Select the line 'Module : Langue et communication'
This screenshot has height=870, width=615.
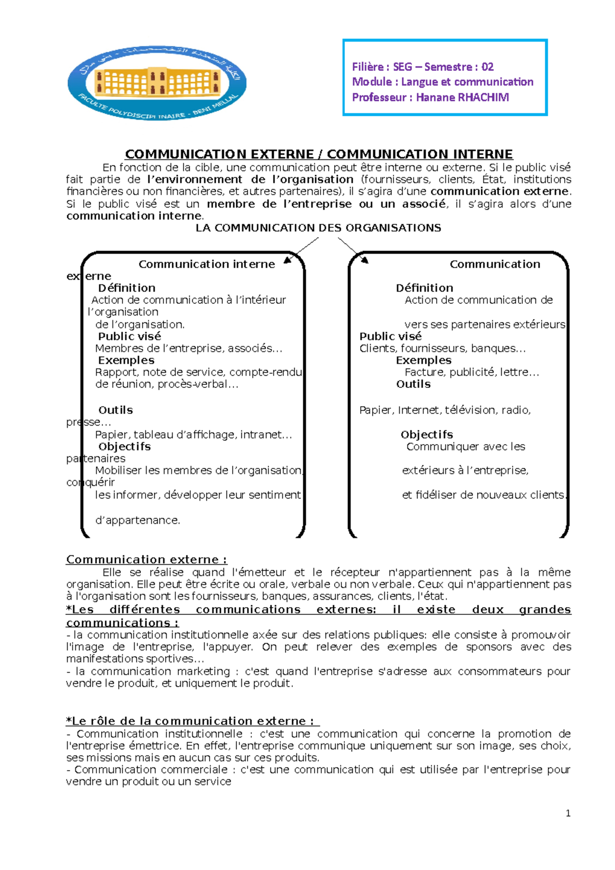click(442, 82)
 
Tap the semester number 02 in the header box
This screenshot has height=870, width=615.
click(487, 67)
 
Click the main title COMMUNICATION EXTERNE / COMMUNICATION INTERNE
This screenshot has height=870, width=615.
click(319, 154)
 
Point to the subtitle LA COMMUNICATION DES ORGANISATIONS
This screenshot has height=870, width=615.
click(318, 228)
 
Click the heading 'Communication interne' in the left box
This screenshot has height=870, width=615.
click(207, 264)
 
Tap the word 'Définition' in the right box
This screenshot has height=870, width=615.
click(424, 288)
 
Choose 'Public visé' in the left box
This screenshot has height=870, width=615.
click(130, 337)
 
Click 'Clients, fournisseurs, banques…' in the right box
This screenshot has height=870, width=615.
click(442, 348)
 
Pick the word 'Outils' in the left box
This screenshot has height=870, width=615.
click(116, 410)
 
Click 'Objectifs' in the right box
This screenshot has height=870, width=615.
click(427, 434)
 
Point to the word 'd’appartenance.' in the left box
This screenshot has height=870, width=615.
click(138, 521)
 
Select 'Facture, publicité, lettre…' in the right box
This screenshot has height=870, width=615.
click(471, 372)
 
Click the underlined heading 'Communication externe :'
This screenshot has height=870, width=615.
click(147, 560)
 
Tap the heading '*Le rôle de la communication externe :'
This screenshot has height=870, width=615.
click(192, 721)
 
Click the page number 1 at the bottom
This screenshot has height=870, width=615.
click(568, 813)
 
